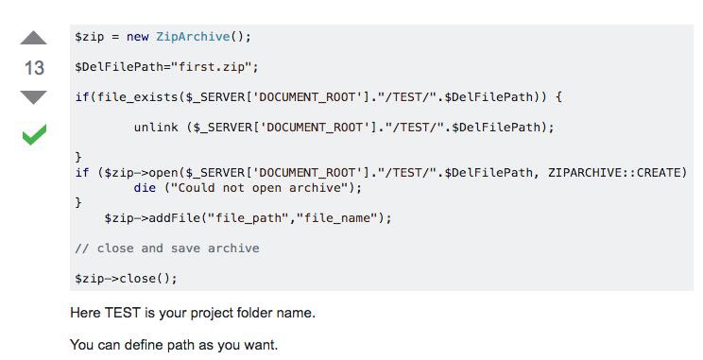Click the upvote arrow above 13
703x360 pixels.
pos(34,38)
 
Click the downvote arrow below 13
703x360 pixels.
pos(34,97)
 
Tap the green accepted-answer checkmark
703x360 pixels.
pos(35,135)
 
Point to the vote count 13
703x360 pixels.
pos(35,68)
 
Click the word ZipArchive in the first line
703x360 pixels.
pos(193,36)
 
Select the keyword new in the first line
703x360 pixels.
pos(138,37)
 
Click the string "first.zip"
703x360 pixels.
pos(211,67)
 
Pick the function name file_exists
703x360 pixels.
pos(138,96)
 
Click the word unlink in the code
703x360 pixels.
pos(156,128)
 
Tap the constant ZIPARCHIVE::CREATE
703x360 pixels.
pos(617,173)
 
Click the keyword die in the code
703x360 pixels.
pos(145,188)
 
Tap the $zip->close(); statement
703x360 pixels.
pos(127,279)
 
